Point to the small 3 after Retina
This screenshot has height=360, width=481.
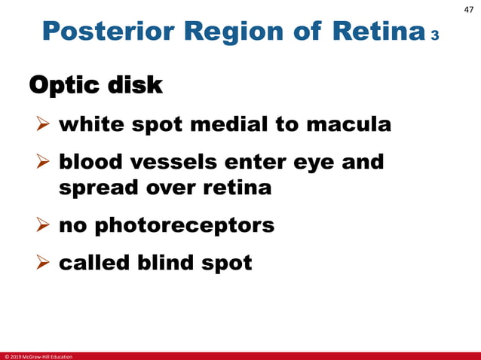(x=435, y=36)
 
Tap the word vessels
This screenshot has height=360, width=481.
(x=176, y=163)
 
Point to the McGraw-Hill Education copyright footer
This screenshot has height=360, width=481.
(x=38, y=355)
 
